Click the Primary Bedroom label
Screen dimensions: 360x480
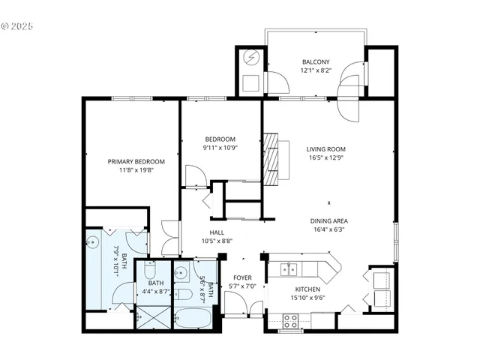(x=136, y=161)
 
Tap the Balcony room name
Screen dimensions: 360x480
(x=316, y=61)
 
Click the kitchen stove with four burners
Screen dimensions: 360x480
(x=291, y=321)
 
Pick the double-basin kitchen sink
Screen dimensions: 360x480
(x=289, y=268)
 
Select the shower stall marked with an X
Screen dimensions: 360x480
(x=153, y=317)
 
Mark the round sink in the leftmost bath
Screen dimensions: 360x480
(x=93, y=241)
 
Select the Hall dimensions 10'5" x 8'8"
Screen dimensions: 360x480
(x=217, y=241)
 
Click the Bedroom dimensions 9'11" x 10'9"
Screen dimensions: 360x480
(x=220, y=148)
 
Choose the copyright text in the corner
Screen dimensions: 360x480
(x=17, y=25)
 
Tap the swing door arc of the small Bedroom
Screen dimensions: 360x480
(x=193, y=176)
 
